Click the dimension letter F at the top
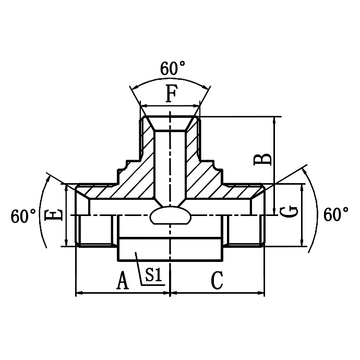[x=171, y=95]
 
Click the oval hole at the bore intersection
[x=170, y=216]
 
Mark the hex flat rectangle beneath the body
[x=171, y=249]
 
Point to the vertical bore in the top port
[x=170, y=162]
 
